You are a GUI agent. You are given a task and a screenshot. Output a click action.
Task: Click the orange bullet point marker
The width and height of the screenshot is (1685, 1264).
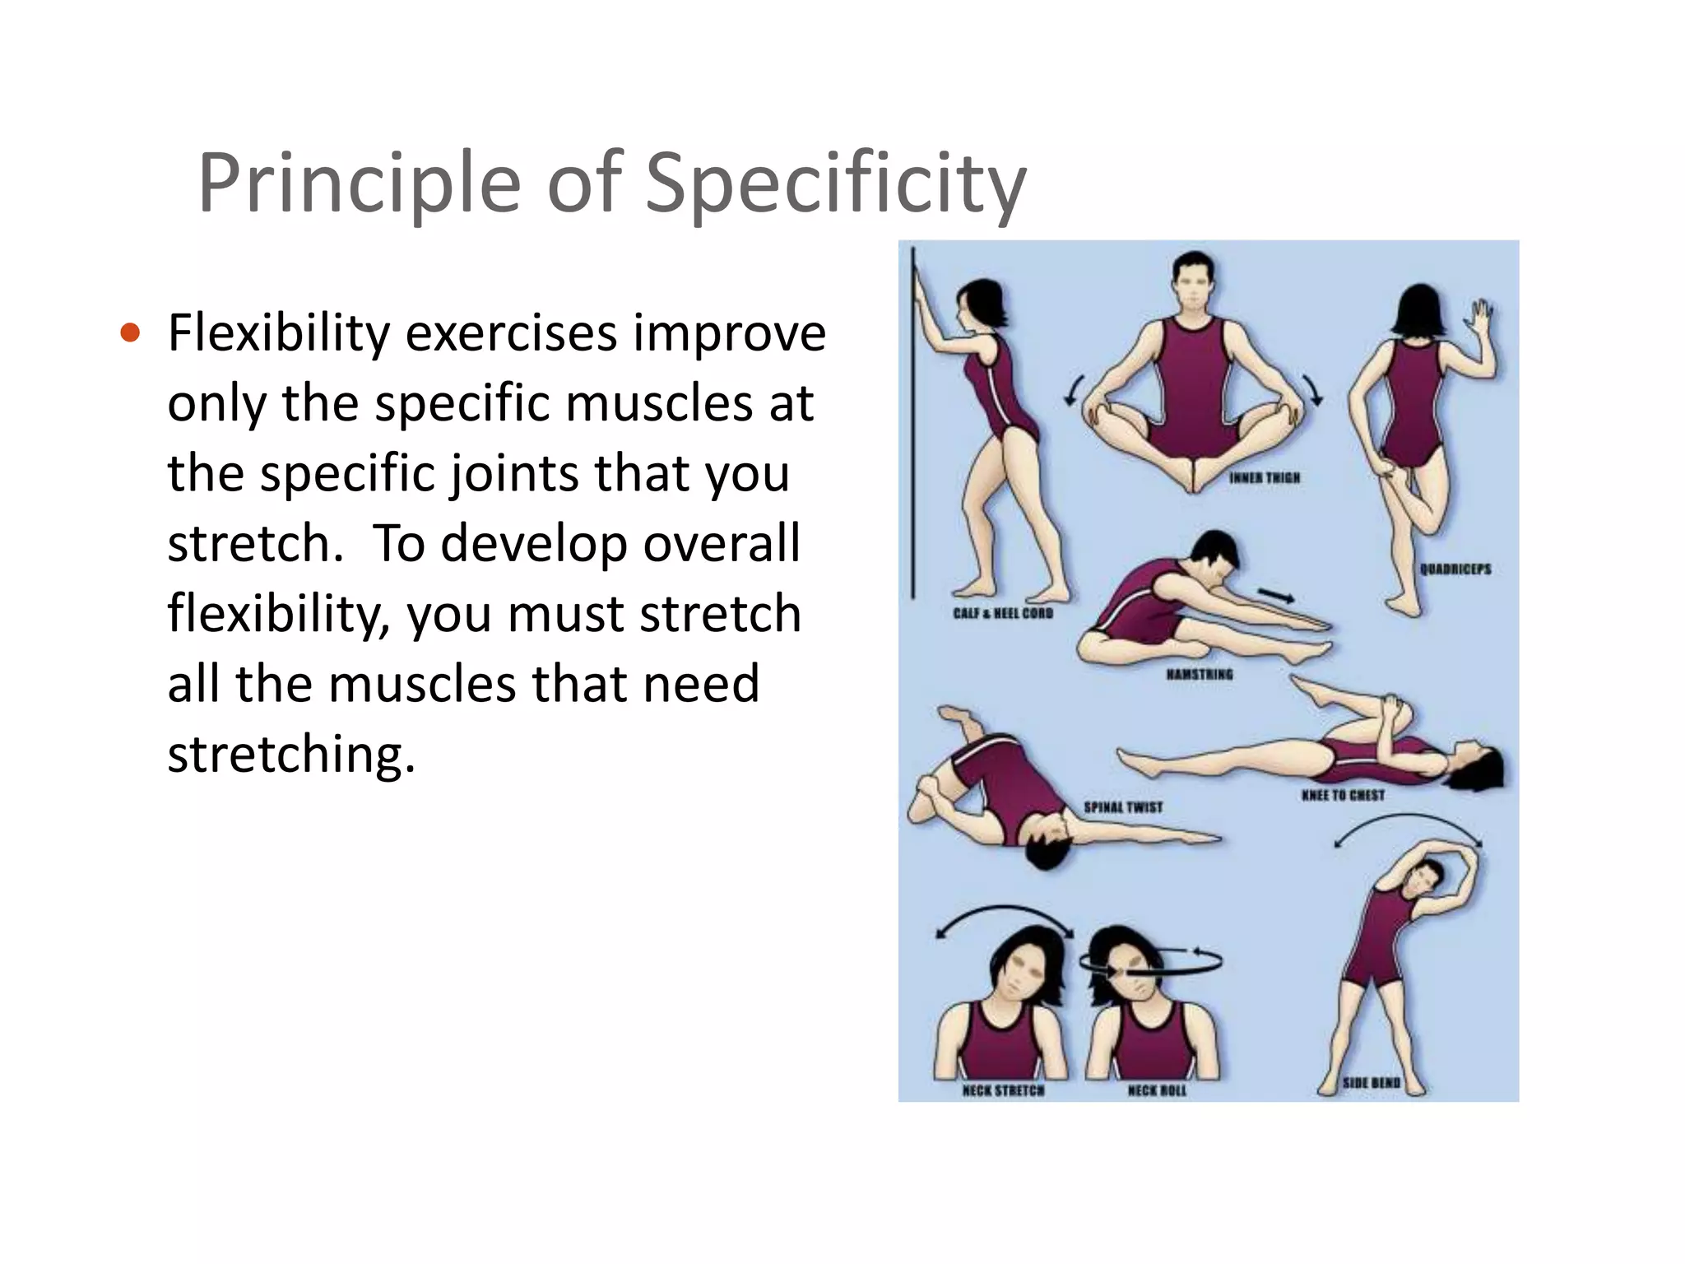click(x=130, y=333)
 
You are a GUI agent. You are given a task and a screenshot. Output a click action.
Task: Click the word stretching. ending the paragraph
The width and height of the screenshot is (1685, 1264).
click(x=291, y=754)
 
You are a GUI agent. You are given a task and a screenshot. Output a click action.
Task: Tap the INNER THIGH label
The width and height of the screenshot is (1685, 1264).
click(x=1265, y=478)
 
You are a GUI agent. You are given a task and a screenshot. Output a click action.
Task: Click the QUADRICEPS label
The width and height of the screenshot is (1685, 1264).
click(x=1455, y=569)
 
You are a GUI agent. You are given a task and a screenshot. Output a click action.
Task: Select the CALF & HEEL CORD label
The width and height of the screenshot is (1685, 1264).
click(x=1003, y=613)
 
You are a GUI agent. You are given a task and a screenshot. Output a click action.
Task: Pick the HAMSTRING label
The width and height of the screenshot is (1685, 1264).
click(x=1200, y=675)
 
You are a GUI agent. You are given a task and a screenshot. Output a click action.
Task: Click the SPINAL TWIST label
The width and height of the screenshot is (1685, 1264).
click(x=1123, y=807)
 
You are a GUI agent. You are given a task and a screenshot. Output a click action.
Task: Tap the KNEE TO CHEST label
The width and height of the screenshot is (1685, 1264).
click(x=1343, y=796)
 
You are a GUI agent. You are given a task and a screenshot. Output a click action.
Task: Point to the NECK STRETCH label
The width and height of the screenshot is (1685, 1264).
click(x=1003, y=1091)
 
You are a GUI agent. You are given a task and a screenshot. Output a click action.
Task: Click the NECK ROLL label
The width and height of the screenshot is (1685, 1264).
click(x=1157, y=1091)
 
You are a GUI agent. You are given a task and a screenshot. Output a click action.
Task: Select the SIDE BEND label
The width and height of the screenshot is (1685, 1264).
click(x=1371, y=1083)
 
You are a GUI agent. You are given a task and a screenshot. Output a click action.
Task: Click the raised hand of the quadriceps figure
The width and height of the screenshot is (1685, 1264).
click(x=1482, y=317)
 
